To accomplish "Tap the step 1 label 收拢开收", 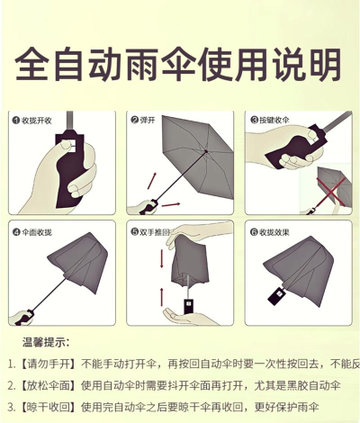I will [37, 121].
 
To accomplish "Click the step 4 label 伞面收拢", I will [37, 232].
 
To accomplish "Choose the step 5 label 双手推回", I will [157, 232].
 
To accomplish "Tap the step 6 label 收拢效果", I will [275, 232].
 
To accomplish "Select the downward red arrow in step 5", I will [162, 260].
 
